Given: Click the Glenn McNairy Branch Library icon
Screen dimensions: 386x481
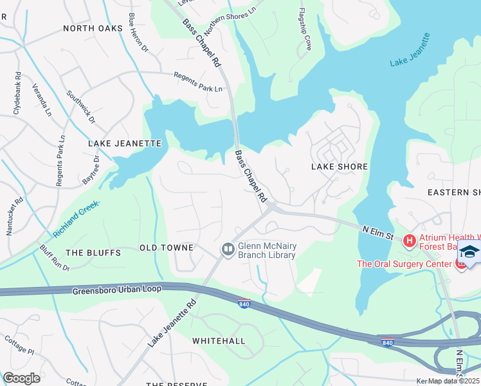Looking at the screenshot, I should pyautogui.click(x=228, y=249).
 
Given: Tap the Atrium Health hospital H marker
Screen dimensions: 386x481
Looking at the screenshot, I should pyautogui.click(x=409, y=241).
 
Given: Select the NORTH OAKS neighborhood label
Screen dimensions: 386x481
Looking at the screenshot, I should pyautogui.click(x=93, y=28).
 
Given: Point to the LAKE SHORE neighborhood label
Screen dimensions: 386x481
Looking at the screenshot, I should pyautogui.click(x=340, y=167).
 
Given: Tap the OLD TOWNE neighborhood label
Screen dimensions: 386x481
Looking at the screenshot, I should pyautogui.click(x=167, y=248).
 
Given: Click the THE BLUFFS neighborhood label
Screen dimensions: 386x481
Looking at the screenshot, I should pyautogui.click(x=93, y=253).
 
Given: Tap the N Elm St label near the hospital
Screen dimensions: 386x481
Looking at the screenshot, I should pyautogui.click(x=377, y=232).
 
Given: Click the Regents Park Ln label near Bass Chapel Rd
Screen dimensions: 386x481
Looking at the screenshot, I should pyautogui.click(x=199, y=81).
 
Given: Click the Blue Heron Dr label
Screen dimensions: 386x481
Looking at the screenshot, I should pyautogui.click(x=138, y=32).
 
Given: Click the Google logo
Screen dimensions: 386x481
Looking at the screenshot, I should pyautogui.click(x=21, y=378).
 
